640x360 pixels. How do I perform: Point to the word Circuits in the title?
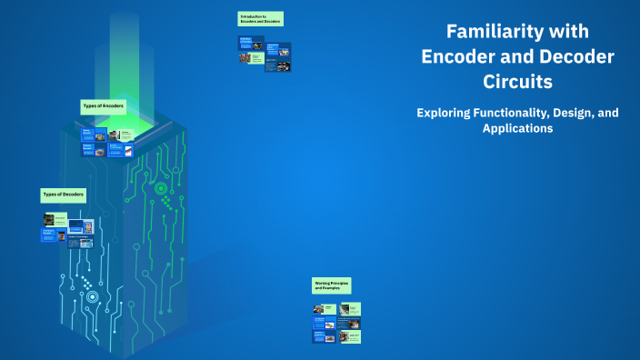[517, 82]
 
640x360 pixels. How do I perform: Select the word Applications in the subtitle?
[517, 129]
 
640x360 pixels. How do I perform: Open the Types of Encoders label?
[102, 106]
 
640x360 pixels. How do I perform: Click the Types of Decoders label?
[63, 195]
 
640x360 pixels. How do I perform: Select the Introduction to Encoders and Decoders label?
[260, 19]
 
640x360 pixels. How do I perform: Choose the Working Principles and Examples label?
[331, 285]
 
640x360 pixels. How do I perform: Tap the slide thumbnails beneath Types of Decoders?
[68, 231]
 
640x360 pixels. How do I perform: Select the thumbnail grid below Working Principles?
[336, 323]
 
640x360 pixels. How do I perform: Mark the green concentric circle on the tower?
[161, 189]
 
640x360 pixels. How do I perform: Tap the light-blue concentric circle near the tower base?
[91, 296]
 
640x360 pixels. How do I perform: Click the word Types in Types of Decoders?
[50, 195]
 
